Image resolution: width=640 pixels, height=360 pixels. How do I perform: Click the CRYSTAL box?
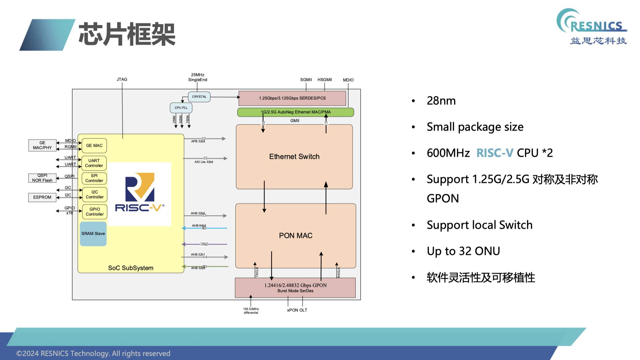click(199, 97)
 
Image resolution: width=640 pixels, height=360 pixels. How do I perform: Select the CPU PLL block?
click(181, 108)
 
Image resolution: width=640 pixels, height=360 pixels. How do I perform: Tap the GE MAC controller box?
click(94, 146)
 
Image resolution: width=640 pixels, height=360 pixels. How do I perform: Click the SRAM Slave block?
click(93, 234)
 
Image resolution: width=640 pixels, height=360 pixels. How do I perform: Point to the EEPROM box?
click(42, 197)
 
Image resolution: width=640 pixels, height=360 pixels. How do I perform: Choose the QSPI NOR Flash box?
click(42, 178)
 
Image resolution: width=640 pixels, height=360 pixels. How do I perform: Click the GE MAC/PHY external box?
click(42, 145)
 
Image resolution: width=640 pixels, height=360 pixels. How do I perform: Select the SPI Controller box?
click(94, 178)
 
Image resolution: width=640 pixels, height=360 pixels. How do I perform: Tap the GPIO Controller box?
click(94, 212)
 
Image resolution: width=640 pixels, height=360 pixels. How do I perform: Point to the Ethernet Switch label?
click(294, 157)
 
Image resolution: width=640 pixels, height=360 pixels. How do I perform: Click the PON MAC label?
click(295, 236)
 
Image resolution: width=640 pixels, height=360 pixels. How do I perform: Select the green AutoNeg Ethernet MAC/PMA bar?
click(295, 112)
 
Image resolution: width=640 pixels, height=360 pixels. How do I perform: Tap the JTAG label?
click(122, 79)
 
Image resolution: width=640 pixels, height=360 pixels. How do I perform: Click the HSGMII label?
click(325, 80)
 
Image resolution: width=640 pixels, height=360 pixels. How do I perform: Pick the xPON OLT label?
click(297, 310)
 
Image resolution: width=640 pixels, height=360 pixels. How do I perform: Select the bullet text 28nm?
click(441, 101)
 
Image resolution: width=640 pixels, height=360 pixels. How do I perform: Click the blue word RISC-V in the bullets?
click(495, 153)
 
